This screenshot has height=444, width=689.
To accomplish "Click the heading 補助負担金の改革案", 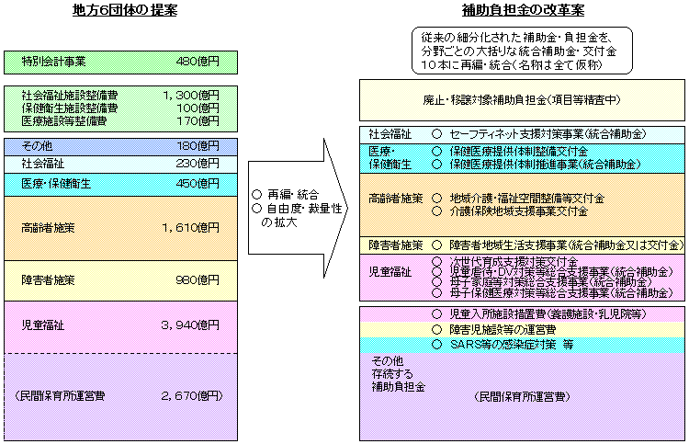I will click(x=522, y=10).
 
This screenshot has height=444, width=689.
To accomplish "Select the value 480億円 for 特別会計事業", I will click(x=198, y=63).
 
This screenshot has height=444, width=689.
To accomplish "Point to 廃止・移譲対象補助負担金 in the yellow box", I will click(x=496, y=99).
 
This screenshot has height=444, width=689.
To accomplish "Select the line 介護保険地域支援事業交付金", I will click(x=519, y=211).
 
